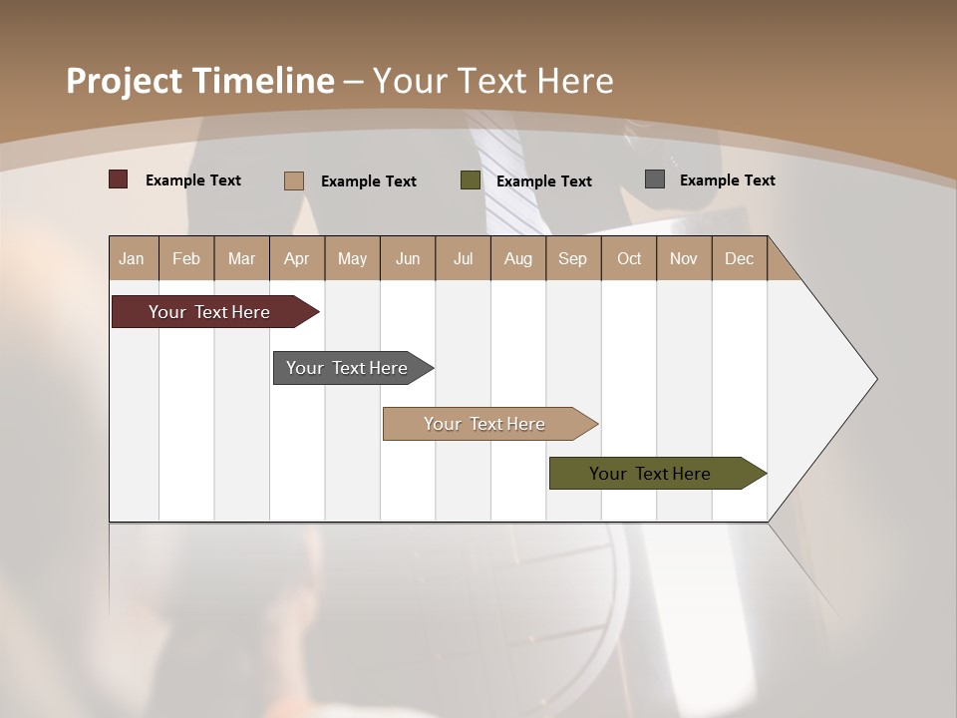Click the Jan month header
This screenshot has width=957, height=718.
click(132, 258)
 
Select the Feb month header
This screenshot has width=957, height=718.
click(186, 258)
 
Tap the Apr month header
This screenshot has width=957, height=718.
click(296, 258)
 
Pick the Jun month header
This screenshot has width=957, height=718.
click(408, 258)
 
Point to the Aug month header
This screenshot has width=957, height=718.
click(517, 258)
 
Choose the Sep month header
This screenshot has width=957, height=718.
click(572, 258)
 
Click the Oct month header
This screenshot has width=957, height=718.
click(629, 258)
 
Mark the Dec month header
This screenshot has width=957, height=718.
click(739, 258)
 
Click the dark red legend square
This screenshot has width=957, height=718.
click(119, 179)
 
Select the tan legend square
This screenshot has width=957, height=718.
click(294, 180)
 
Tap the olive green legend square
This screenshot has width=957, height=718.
click(471, 180)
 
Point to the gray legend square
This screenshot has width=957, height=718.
click(655, 179)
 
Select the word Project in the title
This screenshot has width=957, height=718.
click(125, 81)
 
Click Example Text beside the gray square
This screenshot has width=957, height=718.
click(727, 180)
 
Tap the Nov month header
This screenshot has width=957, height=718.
click(684, 258)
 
